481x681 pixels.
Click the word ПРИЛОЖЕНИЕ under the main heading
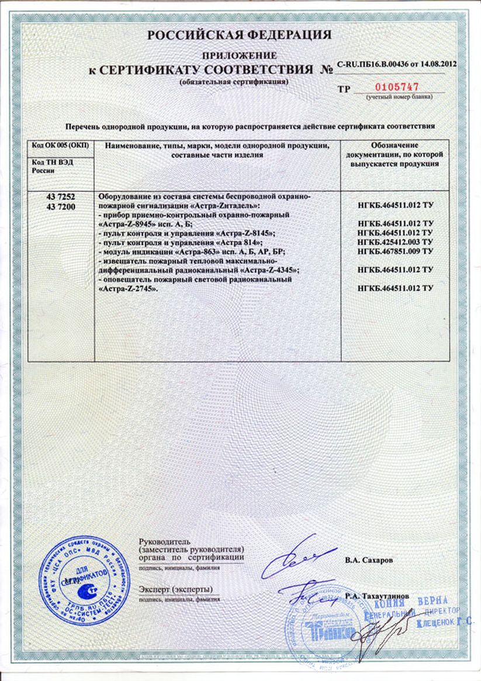tap(240, 55)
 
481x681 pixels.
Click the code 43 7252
tap(61, 197)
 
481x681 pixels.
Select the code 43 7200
tap(61, 206)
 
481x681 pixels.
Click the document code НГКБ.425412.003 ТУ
tap(395, 242)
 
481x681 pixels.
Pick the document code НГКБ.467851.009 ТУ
tap(395, 251)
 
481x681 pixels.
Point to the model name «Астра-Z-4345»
tap(267, 270)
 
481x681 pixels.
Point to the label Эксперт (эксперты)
tap(176, 589)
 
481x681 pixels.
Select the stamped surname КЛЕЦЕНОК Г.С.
tap(445, 624)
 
